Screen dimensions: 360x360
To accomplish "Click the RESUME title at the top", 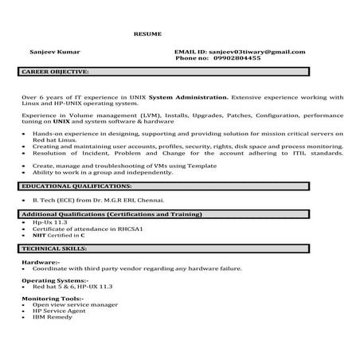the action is pos(147,34).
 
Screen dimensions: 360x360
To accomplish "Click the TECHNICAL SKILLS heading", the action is pos(54,249).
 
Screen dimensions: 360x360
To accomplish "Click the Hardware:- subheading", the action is pos(40,261).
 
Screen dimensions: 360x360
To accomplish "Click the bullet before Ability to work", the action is pos(25,170).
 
